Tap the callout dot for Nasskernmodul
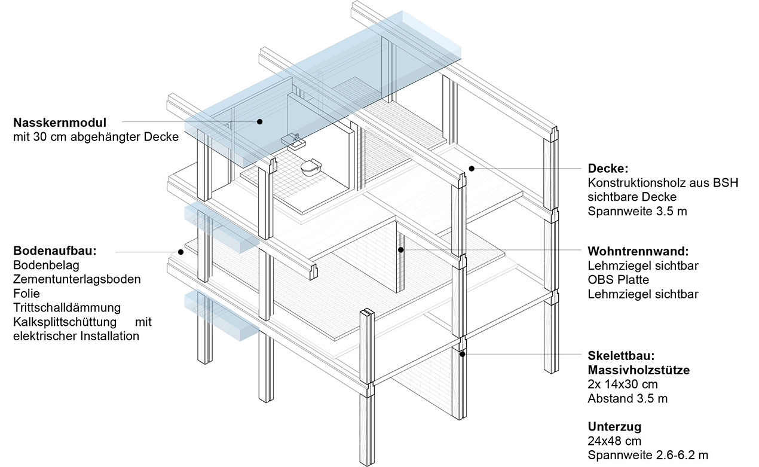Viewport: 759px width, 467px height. coord(261,121)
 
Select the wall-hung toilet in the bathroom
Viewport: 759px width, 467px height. coord(310,168)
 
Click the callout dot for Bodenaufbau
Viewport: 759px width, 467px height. coord(180,252)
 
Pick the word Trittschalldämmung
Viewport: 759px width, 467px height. coord(66,307)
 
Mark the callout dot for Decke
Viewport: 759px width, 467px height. coord(471,169)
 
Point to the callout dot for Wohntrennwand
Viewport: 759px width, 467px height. coord(401,249)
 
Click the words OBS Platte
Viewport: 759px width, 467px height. coord(618,279)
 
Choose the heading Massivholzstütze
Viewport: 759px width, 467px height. coord(638,370)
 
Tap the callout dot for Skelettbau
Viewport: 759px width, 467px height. coord(462,354)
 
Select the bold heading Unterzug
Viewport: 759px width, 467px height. coord(614,427)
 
